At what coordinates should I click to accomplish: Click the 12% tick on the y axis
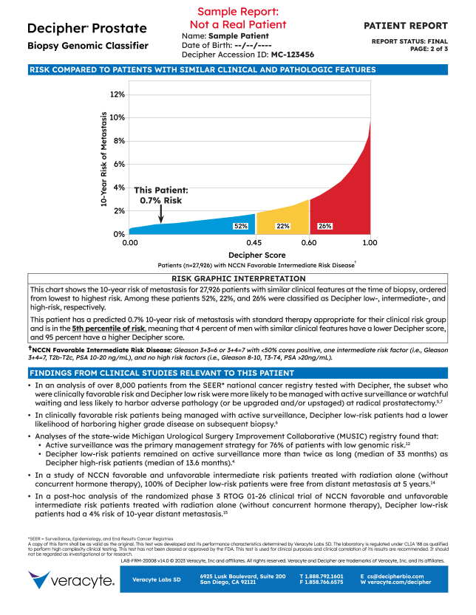click(x=116, y=95)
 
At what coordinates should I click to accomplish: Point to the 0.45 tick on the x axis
click(x=254, y=242)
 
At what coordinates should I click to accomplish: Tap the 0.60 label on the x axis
click(x=310, y=242)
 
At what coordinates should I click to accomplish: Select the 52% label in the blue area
click(x=241, y=226)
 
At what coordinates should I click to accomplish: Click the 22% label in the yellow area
click(x=282, y=226)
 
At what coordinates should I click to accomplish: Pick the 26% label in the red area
click(x=324, y=226)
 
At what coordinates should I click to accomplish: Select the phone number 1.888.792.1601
click(x=321, y=575)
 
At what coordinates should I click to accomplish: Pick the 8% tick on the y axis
click(x=118, y=140)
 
